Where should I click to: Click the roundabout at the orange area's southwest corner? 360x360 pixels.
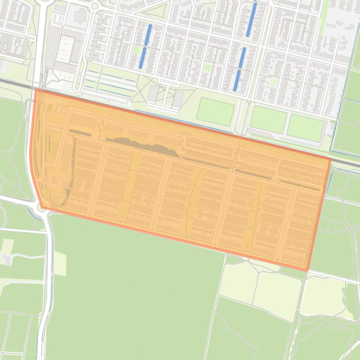pos(41,207)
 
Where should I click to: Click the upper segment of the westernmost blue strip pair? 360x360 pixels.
pos(148,35)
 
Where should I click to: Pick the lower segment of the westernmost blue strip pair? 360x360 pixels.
pos(142,58)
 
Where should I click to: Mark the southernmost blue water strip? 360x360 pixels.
pos(237,80)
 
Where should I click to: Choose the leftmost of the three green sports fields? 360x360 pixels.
pos(215,112)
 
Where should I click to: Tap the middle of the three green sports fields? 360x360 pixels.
pos(268,119)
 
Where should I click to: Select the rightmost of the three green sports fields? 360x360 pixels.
pos(306,128)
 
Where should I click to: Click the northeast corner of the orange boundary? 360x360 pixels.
pos(331,159)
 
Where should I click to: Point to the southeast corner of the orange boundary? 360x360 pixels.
pos(307,270)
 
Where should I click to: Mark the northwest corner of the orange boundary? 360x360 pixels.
pos(36,90)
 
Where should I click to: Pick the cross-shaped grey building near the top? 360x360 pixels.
pos(80,15)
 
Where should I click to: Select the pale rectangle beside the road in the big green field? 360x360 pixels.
pos(59,263)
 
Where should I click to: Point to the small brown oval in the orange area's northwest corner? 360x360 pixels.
pos(50,107)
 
